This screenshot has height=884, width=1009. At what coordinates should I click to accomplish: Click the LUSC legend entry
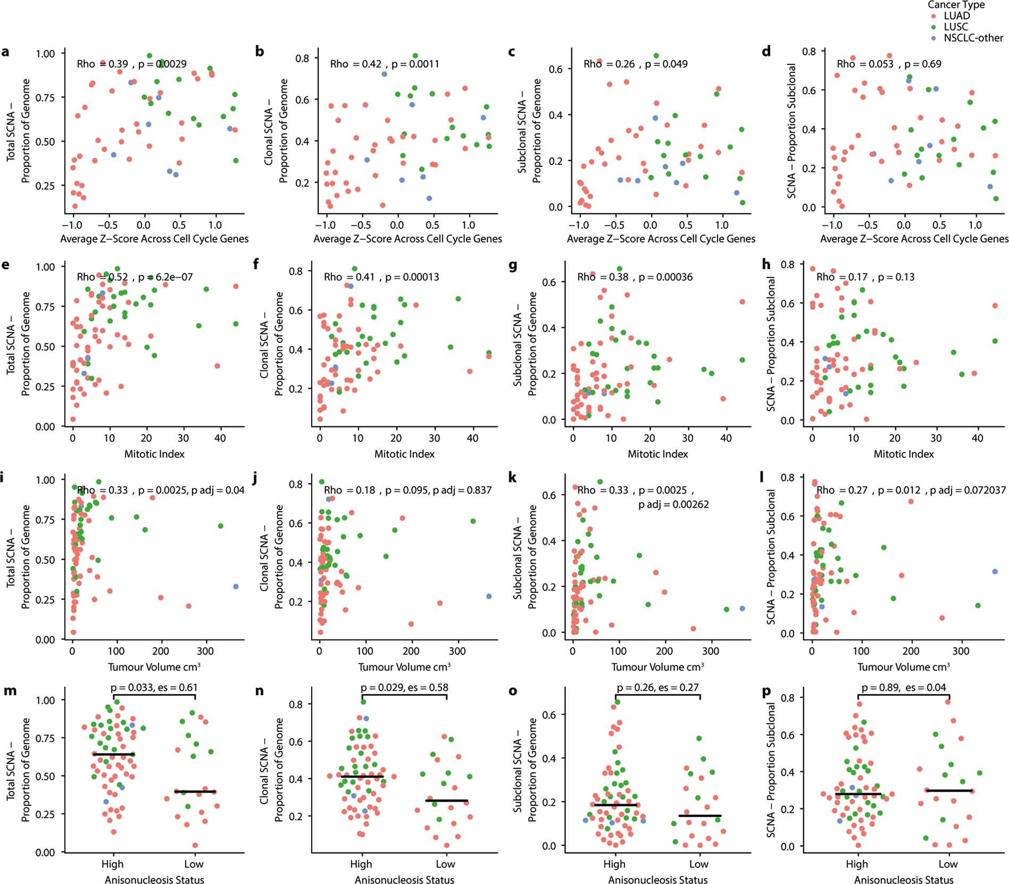pyautogui.click(x=955, y=27)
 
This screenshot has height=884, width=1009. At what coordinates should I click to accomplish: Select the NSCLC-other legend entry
pyautogui.click(x=973, y=38)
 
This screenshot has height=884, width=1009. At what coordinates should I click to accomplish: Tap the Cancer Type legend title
pyautogui.click(x=956, y=5)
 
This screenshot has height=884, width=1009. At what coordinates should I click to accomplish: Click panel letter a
pyautogui.click(x=5, y=52)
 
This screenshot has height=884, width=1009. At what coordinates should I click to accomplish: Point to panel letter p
pyautogui.click(x=766, y=691)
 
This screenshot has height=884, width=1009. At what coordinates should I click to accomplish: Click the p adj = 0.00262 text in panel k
pyautogui.click(x=673, y=504)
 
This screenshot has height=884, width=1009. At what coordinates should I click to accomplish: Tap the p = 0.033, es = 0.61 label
pyautogui.click(x=154, y=688)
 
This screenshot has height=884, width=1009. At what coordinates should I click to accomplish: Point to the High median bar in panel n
pyautogui.click(x=362, y=777)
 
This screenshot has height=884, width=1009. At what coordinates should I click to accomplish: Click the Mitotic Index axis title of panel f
pyautogui.click(x=404, y=454)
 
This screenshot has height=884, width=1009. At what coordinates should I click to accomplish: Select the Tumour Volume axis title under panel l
pyautogui.click(x=903, y=667)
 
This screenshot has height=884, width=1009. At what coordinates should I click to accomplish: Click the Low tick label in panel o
pyautogui.click(x=698, y=864)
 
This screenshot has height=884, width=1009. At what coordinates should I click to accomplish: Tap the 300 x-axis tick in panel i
pyautogui.click(x=205, y=652)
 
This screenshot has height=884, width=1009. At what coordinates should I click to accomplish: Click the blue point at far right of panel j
pyautogui.click(x=489, y=596)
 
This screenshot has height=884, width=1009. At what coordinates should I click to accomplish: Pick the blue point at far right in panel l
pyautogui.click(x=995, y=572)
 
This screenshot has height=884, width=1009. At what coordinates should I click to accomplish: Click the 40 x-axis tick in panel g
pyautogui.click(x=726, y=438)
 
